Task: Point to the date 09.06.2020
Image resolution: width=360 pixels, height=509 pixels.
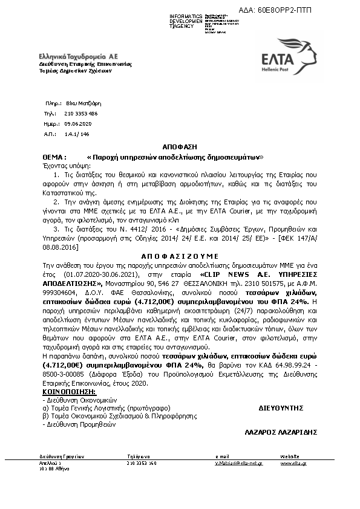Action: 77,123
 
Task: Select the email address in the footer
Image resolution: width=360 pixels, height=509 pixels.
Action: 239,463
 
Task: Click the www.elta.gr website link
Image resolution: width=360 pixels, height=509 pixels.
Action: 293,463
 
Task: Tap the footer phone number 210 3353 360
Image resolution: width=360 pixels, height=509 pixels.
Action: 142,463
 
